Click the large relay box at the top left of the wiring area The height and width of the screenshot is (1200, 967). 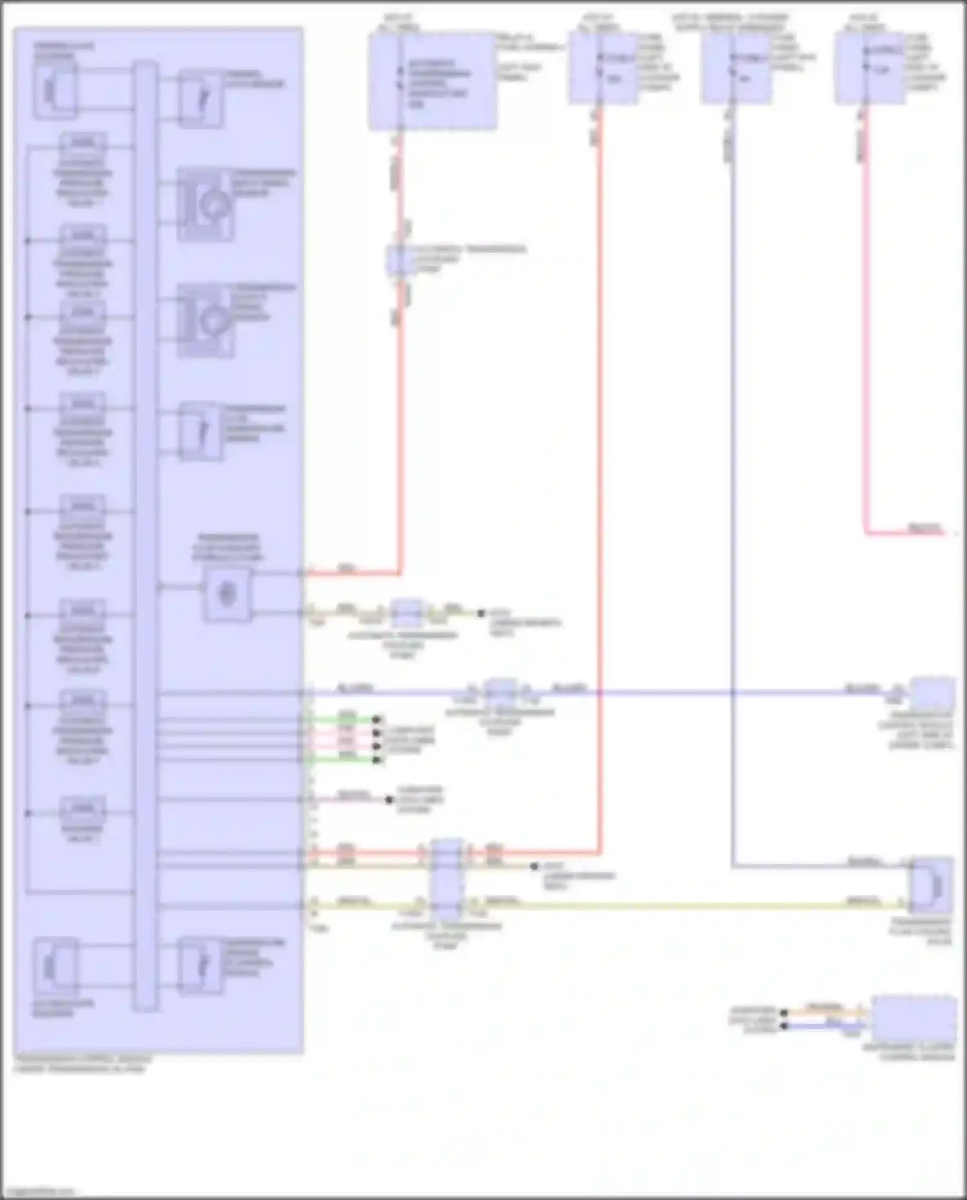433,81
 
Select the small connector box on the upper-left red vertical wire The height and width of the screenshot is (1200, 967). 398,259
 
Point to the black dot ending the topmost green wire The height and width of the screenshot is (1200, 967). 377,720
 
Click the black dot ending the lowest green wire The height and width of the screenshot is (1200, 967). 377,760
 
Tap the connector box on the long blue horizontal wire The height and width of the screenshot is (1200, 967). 500,693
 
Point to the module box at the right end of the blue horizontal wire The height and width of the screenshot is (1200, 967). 932,694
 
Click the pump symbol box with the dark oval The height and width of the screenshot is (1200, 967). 228,594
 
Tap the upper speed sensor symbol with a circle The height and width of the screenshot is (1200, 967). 206,204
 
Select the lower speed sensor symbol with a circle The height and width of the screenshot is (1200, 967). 206,320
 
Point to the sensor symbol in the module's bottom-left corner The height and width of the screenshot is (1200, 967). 55,966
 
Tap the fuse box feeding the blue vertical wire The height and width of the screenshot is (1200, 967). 736,68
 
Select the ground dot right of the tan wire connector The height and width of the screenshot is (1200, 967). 480,613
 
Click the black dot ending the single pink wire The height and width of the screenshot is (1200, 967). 389,800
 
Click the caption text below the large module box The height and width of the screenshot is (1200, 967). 83,1064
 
